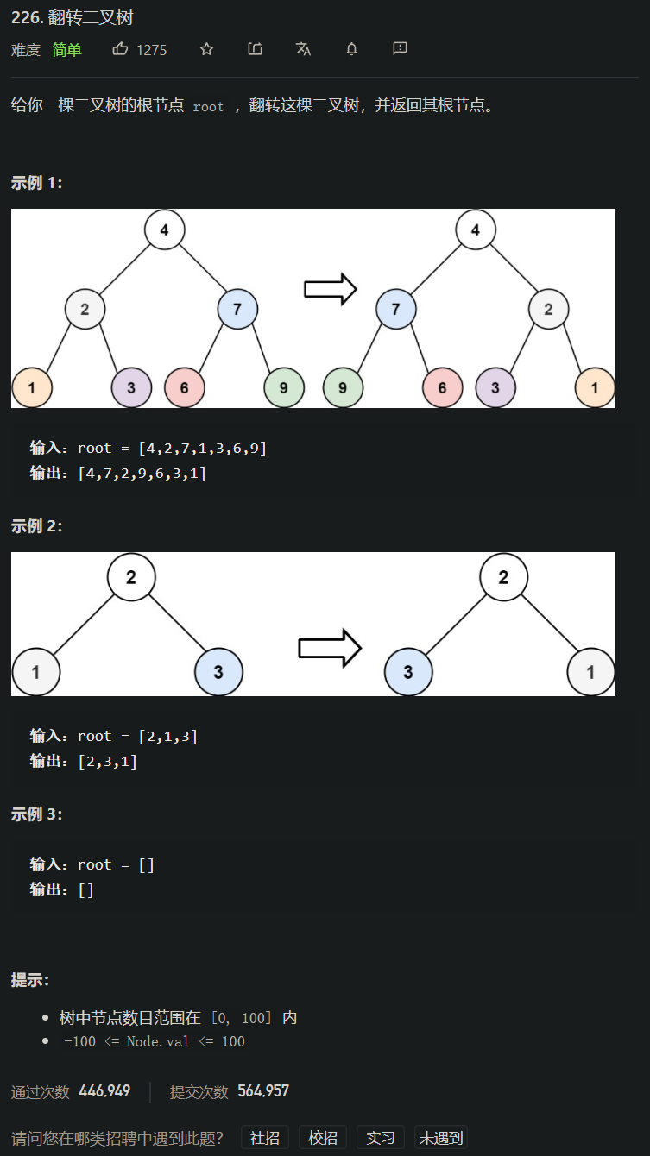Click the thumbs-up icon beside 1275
click(120, 49)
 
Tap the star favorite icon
click(206, 49)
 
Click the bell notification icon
click(351, 49)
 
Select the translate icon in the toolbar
click(303, 49)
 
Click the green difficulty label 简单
click(66, 50)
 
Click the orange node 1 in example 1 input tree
click(32, 387)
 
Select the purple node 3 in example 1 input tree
click(131, 387)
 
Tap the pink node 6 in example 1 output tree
click(442, 387)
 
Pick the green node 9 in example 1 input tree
click(284, 387)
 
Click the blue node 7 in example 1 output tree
click(396, 309)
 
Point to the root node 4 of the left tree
click(164, 229)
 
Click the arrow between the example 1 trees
click(331, 289)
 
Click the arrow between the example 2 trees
click(329, 648)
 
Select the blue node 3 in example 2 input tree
click(218, 672)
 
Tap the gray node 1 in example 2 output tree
click(590, 672)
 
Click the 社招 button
click(265, 1137)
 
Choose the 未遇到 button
click(440, 1137)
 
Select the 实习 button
click(381, 1137)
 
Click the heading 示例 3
click(37, 814)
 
